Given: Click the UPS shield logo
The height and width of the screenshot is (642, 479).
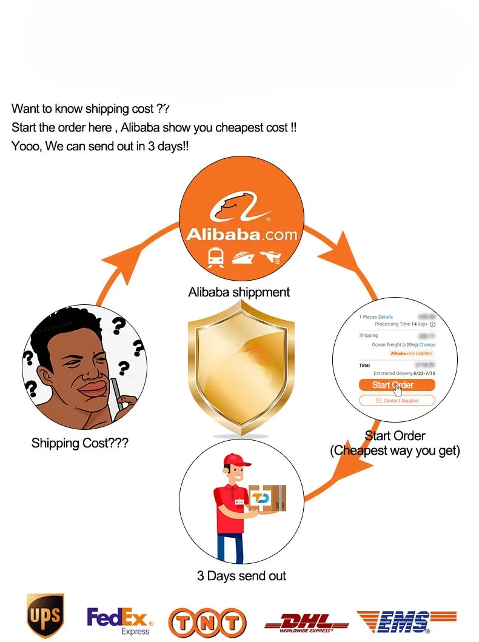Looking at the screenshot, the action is pos(45,617).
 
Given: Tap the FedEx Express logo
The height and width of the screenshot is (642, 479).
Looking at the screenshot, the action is pos(119,621).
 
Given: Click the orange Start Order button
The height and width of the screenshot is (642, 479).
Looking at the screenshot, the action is pos(397,385).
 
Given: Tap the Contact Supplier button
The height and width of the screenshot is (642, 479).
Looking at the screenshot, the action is pos(397,401).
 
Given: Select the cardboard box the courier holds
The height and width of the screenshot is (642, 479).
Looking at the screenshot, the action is pos(267,499).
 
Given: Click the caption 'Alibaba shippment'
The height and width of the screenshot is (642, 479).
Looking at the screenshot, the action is pos(239,292).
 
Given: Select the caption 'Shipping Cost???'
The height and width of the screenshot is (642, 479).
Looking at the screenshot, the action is pos(79,443).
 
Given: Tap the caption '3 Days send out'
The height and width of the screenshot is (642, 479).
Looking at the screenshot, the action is pos(241,576).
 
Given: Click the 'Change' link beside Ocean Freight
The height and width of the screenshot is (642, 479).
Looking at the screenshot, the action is pos(427,344).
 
